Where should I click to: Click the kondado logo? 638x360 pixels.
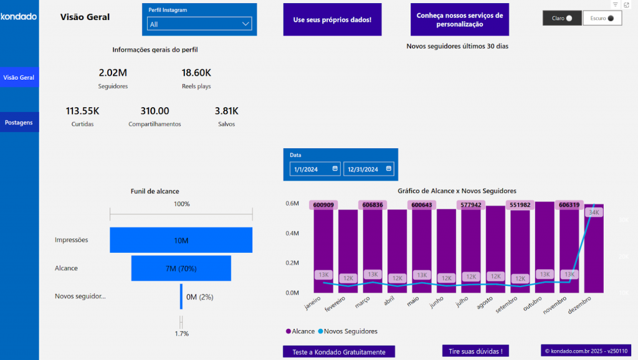coord(19,16)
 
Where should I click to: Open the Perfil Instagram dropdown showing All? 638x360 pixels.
coord(199,24)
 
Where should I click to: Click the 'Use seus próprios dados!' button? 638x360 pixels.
coord(332,20)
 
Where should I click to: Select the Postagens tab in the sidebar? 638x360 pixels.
coord(19,123)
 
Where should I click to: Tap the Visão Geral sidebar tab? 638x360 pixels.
coord(19,78)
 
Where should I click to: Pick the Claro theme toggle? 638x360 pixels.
coord(562,19)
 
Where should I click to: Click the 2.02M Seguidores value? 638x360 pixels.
coord(113,72)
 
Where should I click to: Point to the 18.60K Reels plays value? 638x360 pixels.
coord(196,72)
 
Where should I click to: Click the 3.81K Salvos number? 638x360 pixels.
coord(226,111)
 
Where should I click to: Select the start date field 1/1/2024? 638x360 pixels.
coord(315,169)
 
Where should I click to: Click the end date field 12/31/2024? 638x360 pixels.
coord(369,169)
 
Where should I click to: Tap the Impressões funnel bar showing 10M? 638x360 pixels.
coord(181,240)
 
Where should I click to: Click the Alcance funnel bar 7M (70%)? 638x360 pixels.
coord(181,268)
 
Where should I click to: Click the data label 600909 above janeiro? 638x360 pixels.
coord(323,205)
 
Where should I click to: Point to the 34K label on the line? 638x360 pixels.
coord(593,212)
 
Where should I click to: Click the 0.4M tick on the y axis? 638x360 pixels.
coord(292,234)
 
